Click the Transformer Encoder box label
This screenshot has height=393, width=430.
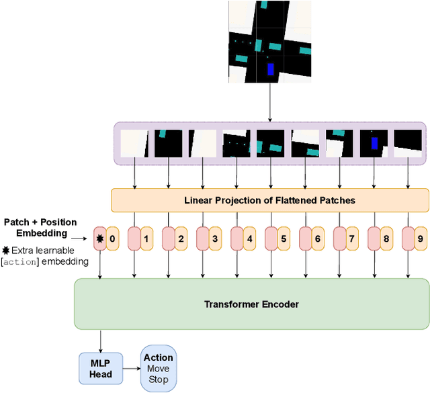click(251, 304)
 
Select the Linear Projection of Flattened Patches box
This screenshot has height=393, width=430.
click(269, 200)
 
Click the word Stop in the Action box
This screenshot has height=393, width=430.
click(158, 380)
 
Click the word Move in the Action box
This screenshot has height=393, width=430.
click(158, 369)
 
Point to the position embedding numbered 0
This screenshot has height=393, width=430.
click(112, 238)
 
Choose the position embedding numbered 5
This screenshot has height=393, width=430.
click(284, 238)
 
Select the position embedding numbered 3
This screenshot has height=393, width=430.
click(215, 238)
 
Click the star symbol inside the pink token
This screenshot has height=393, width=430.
click(100, 238)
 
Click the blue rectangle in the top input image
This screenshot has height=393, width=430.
click(271, 69)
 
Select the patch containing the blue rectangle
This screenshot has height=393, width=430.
click(374, 143)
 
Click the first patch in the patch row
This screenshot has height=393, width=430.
click(134, 143)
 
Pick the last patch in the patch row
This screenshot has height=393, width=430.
click(408, 143)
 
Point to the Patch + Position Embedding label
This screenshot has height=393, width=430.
click(40, 227)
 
